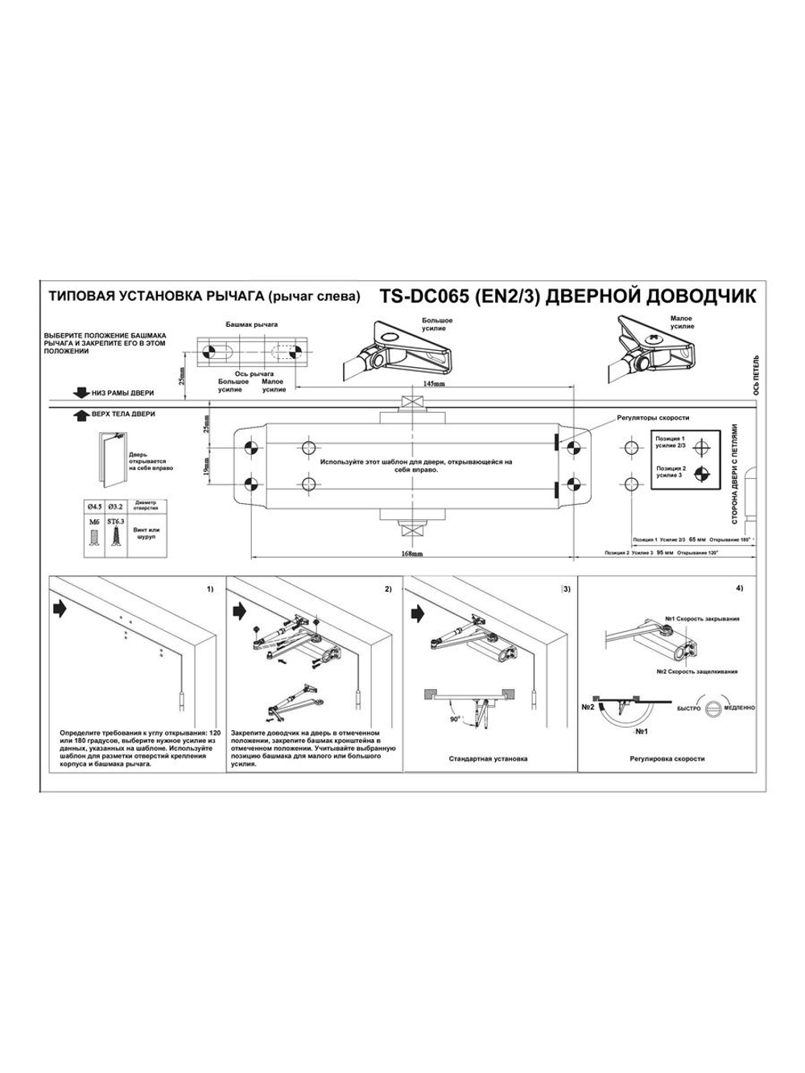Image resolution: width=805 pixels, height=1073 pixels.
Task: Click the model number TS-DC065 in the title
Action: [424, 295]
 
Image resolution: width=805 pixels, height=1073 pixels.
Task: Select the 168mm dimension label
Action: [412, 555]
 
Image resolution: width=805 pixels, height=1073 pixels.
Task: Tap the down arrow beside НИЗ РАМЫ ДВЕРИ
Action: [80, 392]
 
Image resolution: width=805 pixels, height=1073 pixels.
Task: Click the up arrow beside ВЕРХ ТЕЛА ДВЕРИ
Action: [80, 415]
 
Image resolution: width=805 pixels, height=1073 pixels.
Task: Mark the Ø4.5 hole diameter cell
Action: [93, 507]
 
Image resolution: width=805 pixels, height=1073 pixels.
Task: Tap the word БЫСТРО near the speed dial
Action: [690, 708]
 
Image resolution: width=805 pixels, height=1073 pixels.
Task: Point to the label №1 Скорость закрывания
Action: [702, 619]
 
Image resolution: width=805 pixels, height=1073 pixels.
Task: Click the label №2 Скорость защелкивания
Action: [697, 671]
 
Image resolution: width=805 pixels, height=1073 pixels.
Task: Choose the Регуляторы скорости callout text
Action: [653, 418]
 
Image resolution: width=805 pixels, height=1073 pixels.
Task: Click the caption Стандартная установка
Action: [488, 758]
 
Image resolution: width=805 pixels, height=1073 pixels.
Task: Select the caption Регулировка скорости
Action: [667, 758]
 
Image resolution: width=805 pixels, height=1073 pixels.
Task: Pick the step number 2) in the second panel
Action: [387, 589]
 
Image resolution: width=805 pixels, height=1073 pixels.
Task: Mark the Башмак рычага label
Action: [252, 324]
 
